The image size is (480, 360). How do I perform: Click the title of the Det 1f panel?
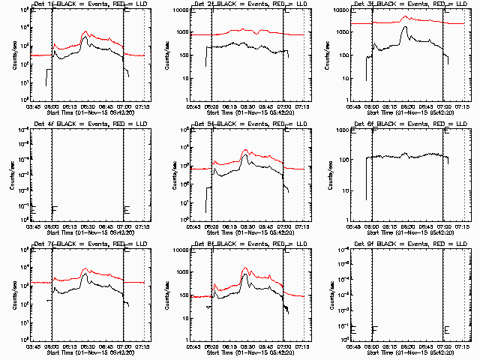click(82, 4)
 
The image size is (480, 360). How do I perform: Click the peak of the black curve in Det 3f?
click(405, 28)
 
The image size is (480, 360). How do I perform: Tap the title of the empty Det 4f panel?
click(82, 124)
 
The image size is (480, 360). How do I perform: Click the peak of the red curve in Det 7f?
click(85, 268)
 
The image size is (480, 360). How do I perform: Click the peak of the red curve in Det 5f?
click(245, 150)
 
